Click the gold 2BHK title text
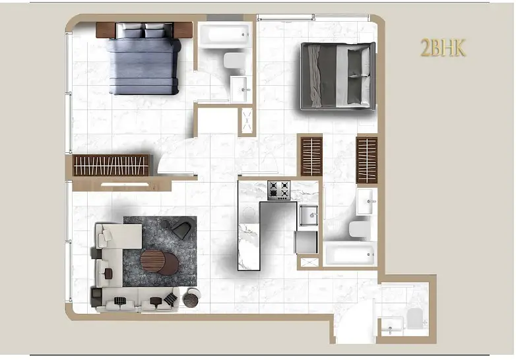point(443,47)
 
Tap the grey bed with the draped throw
point(338,76)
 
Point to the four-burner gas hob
point(278,190)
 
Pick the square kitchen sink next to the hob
point(308,216)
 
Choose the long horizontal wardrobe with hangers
point(111,165)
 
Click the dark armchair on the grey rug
point(181,229)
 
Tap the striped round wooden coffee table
point(152,260)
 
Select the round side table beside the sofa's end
point(191,297)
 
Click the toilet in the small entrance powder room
point(414,318)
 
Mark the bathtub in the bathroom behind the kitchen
point(350,254)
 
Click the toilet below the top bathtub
point(235,61)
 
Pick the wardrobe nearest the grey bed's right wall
point(367,160)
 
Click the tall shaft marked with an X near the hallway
point(247,120)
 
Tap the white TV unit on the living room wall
point(125,185)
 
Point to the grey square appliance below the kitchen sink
point(306,242)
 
